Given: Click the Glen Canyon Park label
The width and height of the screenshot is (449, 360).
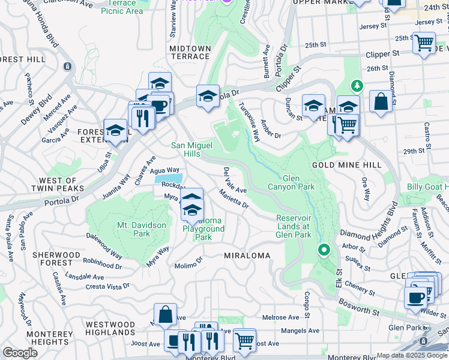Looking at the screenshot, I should click(298, 182).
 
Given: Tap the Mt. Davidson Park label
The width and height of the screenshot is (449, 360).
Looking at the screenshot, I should click(142, 229).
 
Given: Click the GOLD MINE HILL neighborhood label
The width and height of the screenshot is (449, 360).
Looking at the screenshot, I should click(346, 164).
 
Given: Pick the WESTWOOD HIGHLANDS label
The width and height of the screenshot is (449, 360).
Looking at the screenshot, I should click(110, 328).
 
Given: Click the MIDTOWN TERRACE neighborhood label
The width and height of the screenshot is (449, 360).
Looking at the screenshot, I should click(190, 52).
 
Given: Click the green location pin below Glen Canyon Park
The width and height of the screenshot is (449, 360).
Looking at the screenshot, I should click(324, 249).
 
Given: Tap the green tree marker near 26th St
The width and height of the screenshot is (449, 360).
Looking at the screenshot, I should click(357, 86).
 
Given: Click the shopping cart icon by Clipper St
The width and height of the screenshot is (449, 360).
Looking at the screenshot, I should click(424, 43).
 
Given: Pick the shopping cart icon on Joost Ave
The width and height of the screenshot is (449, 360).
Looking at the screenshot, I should click(244, 340).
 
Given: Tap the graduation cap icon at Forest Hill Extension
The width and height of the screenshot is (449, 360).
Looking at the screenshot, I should click(115, 130).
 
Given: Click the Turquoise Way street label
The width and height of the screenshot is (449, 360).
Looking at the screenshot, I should click(249, 122).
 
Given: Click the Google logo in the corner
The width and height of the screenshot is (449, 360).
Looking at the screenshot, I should click(20, 353).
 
